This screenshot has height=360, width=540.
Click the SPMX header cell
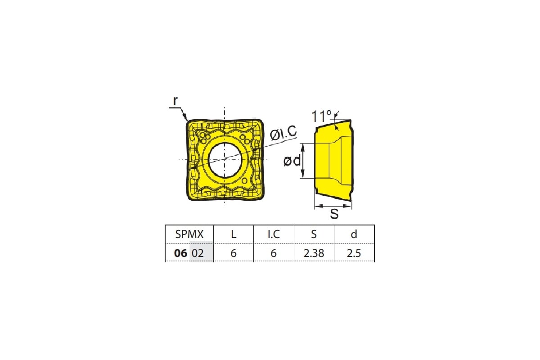(x=189, y=234)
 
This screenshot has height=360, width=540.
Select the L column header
(x=234, y=234)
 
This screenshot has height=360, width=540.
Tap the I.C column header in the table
(x=274, y=234)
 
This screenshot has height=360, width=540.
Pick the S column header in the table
(x=314, y=234)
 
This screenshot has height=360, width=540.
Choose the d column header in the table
(x=354, y=234)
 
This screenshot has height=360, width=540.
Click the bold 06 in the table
(x=180, y=253)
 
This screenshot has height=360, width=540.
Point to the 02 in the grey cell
(x=198, y=253)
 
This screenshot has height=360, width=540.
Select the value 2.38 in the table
(x=314, y=253)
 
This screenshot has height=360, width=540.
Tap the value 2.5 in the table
(x=354, y=253)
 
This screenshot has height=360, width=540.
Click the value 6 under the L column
(x=234, y=253)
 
